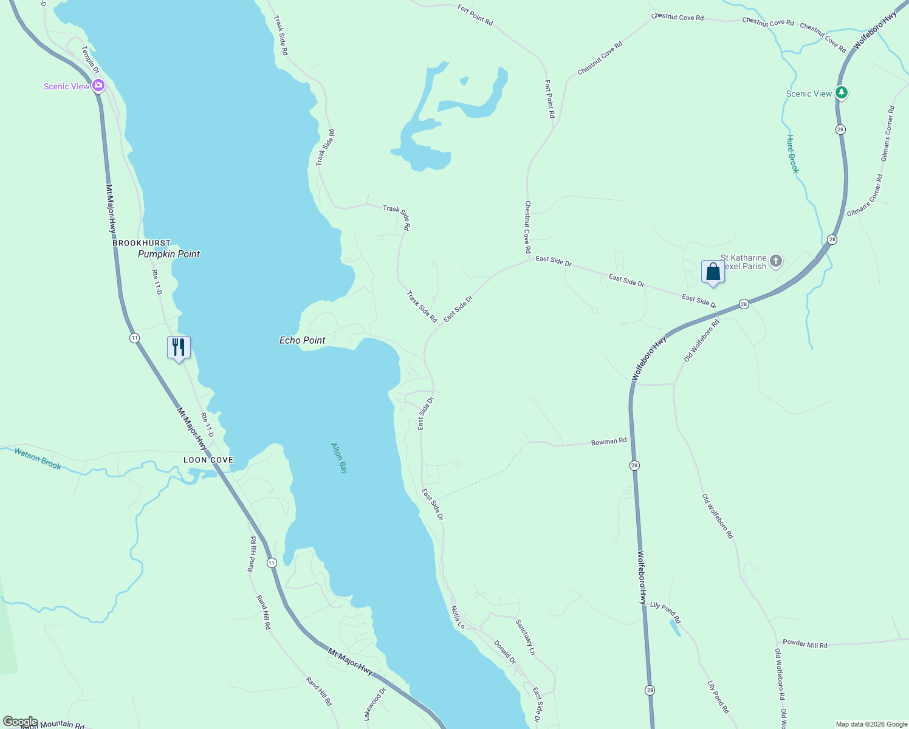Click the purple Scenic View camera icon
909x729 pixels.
point(98,86)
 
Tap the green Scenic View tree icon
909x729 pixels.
point(841,93)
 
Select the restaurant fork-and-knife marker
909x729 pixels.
point(179,347)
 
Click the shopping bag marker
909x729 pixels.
point(713,272)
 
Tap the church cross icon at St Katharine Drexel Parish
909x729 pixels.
point(775,261)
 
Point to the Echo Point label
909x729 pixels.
point(302,340)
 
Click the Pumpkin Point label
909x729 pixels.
point(168,254)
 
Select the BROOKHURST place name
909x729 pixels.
point(142,243)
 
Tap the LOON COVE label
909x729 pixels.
point(208,460)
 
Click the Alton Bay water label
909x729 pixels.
point(340,458)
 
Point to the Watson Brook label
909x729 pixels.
point(38,459)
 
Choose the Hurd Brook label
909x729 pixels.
point(792,154)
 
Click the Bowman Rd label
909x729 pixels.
point(608,442)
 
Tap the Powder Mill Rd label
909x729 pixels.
point(804,644)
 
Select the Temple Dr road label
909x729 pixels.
point(91,60)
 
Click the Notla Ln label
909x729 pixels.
point(458,617)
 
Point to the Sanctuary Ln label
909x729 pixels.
point(525,637)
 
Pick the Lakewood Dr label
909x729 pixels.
point(375,703)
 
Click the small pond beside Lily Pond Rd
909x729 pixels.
point(674,628)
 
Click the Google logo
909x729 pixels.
point(20,722)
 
